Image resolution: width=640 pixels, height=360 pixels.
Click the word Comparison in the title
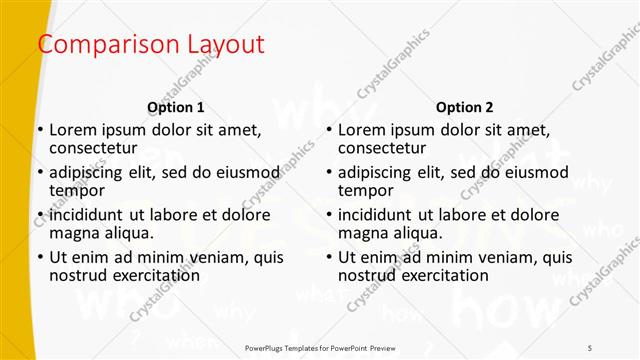pyautogui.click(x=103, y=44)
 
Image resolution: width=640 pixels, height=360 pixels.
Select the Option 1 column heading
pyautogui.click(x=176, y=107)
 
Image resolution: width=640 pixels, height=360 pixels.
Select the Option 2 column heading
pyautogui.click(x=465, y=107)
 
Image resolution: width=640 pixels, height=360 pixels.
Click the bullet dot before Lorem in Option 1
pyautogui.click(x=39, y=130)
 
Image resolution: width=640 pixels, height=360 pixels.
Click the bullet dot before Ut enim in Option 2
pyautogui.click(x=328, y=258)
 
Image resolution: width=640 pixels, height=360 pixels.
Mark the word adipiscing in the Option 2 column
pyautogui.click(x=375, y=172)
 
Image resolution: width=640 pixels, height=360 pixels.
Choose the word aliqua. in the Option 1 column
pyautogui.click(x=128, y=233)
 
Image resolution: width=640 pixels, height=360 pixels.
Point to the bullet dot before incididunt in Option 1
pyautogui.click(x=39, y=216)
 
